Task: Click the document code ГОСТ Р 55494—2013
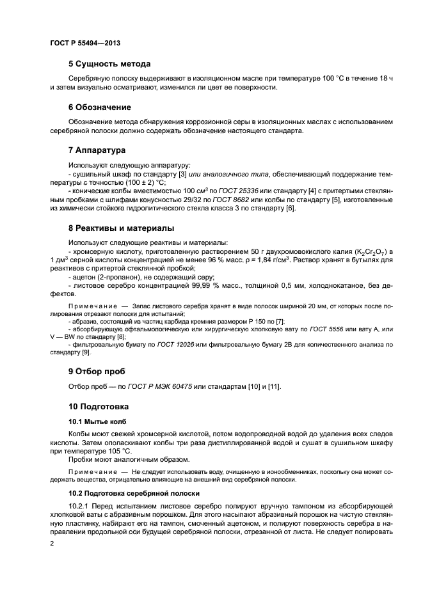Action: point(84,42)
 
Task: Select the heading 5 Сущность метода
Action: point(109,64)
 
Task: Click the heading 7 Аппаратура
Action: point(97,150)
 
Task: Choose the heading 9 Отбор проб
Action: point(97,371)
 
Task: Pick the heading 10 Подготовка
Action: point(99,406)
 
